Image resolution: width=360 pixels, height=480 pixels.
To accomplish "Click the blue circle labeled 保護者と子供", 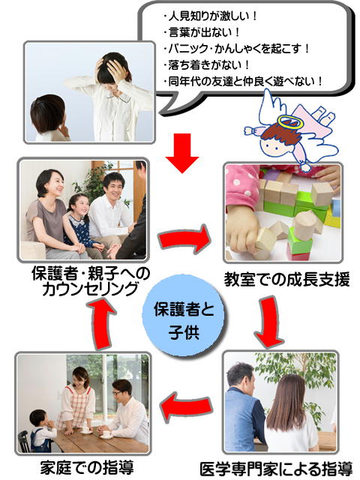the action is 183,316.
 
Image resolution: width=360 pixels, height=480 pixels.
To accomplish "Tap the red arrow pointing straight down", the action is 182,153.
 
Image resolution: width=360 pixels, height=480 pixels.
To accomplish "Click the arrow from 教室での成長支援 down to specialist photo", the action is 269,322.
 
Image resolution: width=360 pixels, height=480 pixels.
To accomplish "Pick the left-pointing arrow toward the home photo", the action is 186,406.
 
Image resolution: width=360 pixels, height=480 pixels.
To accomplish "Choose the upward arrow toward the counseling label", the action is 101,324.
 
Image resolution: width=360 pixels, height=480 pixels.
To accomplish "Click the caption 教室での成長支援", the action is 286,279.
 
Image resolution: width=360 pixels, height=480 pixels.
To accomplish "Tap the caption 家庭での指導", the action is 87,467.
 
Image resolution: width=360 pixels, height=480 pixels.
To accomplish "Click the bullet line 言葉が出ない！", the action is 202,32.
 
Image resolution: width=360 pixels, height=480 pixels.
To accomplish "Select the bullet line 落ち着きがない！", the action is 207,65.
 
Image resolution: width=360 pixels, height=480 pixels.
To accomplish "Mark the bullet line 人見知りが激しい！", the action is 211,16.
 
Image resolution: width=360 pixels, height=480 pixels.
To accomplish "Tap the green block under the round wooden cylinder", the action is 299,244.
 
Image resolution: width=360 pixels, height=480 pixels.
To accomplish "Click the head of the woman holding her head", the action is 112,66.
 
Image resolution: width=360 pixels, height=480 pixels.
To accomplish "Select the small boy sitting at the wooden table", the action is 42,430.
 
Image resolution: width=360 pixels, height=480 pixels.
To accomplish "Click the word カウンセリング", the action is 90,289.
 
